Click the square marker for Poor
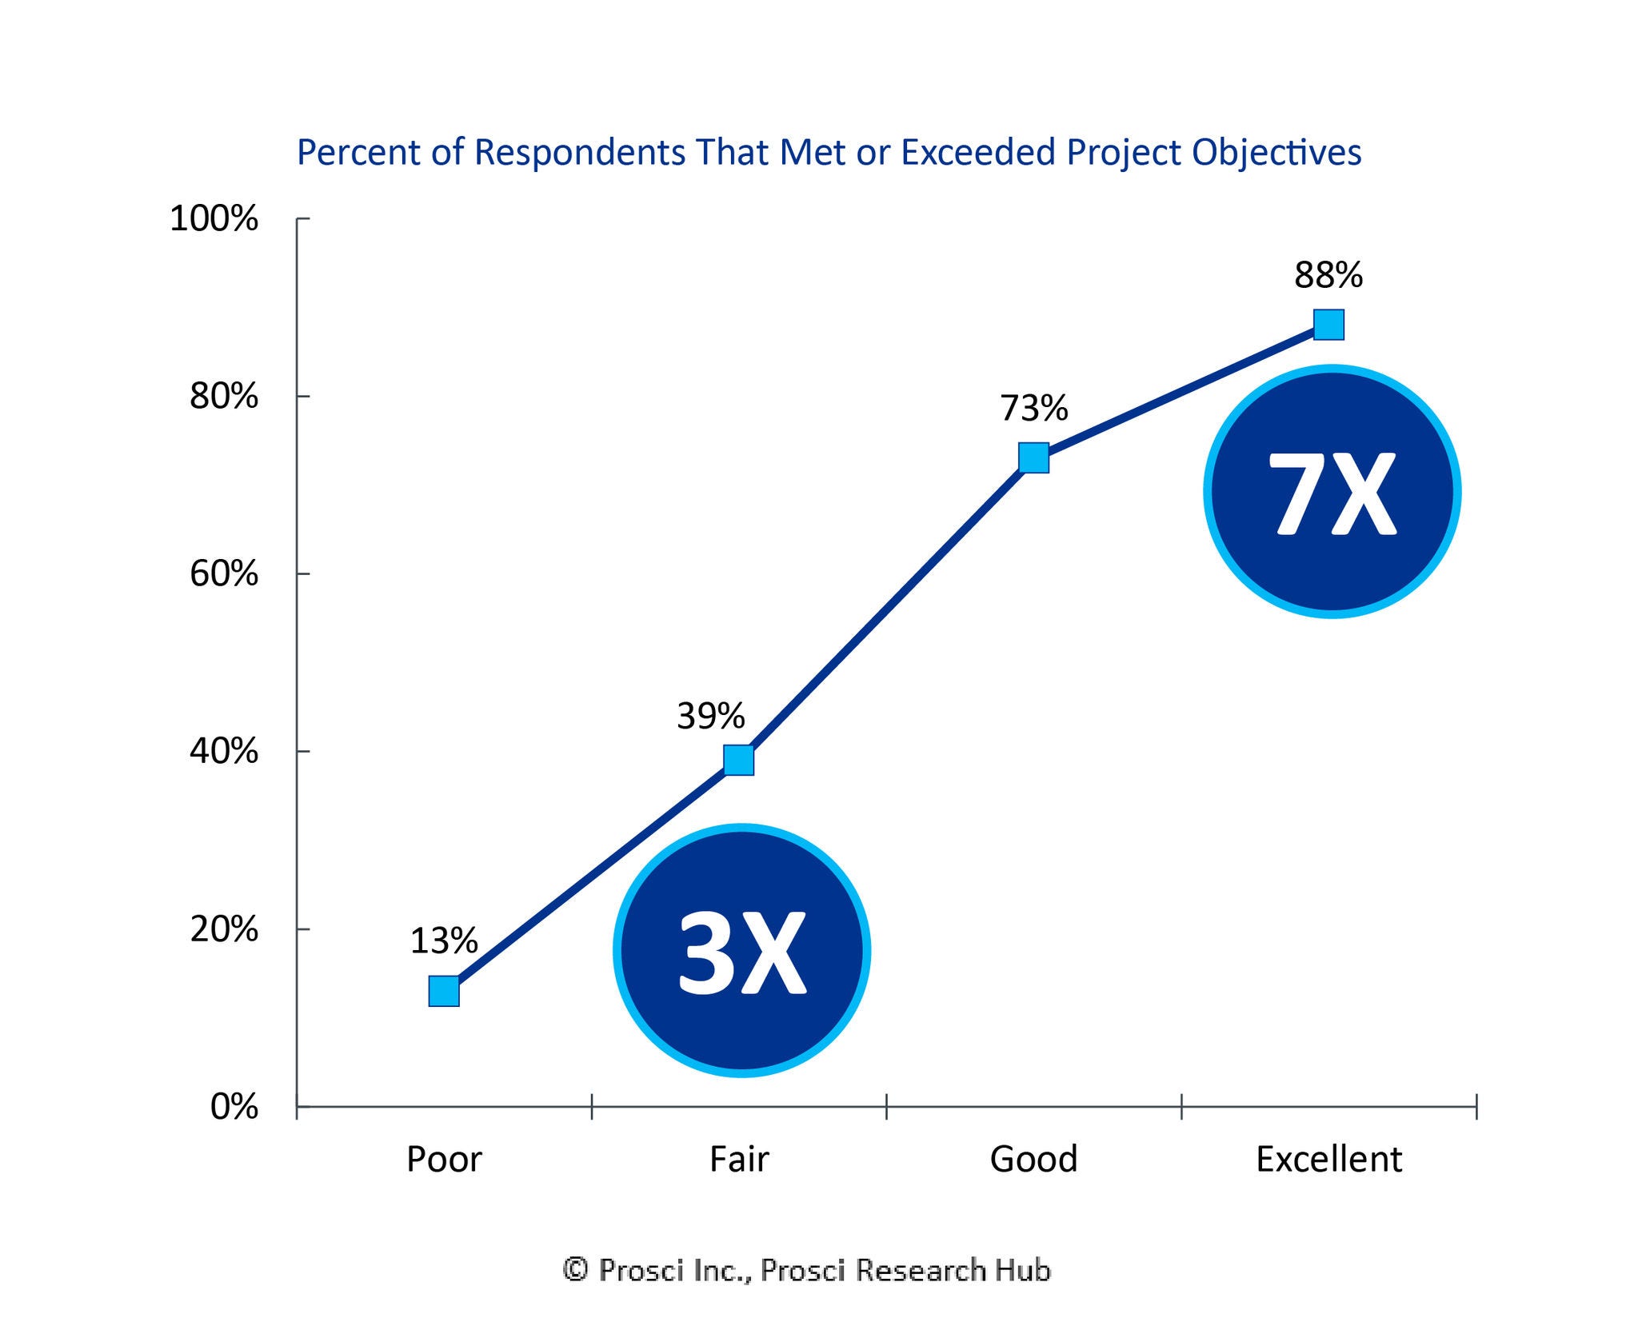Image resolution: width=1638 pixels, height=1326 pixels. point(444,991)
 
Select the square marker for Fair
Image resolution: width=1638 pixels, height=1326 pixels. point(738,760)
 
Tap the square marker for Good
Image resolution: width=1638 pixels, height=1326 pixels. point(1033,457)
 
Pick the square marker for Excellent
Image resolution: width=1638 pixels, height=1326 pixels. point(1328,325)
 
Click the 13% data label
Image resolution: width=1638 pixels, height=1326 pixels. point(444,941)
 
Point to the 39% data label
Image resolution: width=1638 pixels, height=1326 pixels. point(710,716)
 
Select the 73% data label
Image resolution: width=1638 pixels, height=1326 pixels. point(1033,409)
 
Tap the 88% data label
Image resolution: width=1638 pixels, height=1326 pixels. point(1328,276)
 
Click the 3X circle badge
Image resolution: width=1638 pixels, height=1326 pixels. point(741,950)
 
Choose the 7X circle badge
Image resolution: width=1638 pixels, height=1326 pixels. point(1332,491)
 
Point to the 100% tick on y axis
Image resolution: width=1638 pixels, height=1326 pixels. point(214,218)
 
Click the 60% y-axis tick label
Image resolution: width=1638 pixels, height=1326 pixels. point(224,574)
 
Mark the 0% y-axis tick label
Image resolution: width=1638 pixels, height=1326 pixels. point(234,1108)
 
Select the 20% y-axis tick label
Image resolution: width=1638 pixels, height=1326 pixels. point(224,929)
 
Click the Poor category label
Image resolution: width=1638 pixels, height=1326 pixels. point(444,1160)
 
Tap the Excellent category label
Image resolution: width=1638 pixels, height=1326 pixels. point(1328,1160)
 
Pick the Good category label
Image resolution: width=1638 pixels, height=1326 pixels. point(1033,1160)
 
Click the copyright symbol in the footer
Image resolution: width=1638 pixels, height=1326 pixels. point(575,1269)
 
